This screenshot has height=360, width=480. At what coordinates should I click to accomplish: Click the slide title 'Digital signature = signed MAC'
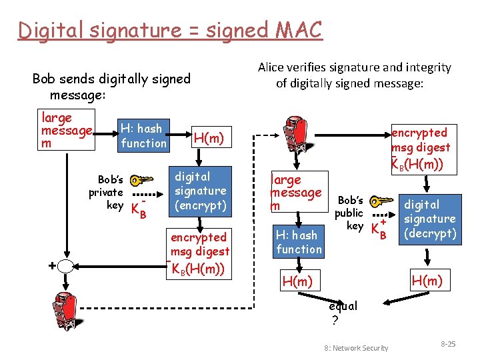click(x=170, y=30)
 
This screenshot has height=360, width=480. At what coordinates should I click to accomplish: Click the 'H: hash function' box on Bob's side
click(x=142, y=135)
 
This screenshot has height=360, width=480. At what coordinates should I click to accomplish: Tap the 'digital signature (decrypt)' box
click(x=430, y=219)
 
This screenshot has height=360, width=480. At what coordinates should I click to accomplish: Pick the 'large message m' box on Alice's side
click(x=295, y=193)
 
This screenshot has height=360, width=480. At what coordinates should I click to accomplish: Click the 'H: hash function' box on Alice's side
click(x=299, y=242)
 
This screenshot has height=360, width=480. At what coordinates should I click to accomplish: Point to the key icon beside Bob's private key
click(x=141, y=181)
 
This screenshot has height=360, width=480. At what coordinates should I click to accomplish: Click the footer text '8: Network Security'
click(x=356, y=348)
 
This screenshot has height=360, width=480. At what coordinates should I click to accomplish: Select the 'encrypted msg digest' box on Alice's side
click(x=421, y=147)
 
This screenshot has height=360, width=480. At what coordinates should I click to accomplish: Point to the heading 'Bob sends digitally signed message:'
click(x=111, y=87)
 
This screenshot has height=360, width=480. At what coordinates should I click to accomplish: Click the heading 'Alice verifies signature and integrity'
click(x=354, y=75)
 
